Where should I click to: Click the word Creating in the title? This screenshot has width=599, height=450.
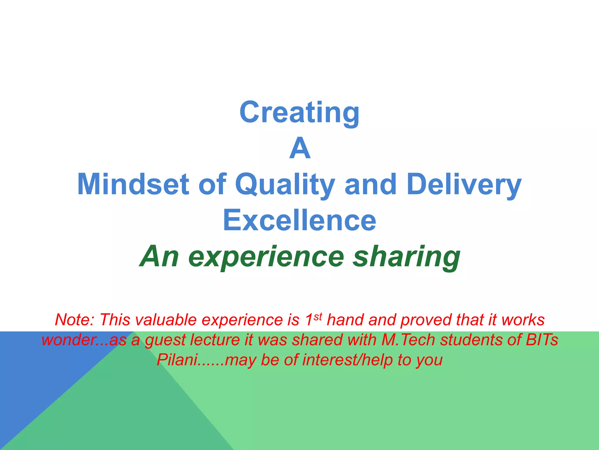[299, 112]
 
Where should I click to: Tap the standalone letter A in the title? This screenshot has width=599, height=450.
[299, 149]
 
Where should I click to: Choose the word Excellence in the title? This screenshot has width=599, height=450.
[299, 220]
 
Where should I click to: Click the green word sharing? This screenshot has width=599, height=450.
[407, 257]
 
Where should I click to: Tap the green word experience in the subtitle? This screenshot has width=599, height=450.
[266, 257]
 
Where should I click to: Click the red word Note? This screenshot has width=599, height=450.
[75, 320]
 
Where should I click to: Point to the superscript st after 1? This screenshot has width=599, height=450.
[318, 316]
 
